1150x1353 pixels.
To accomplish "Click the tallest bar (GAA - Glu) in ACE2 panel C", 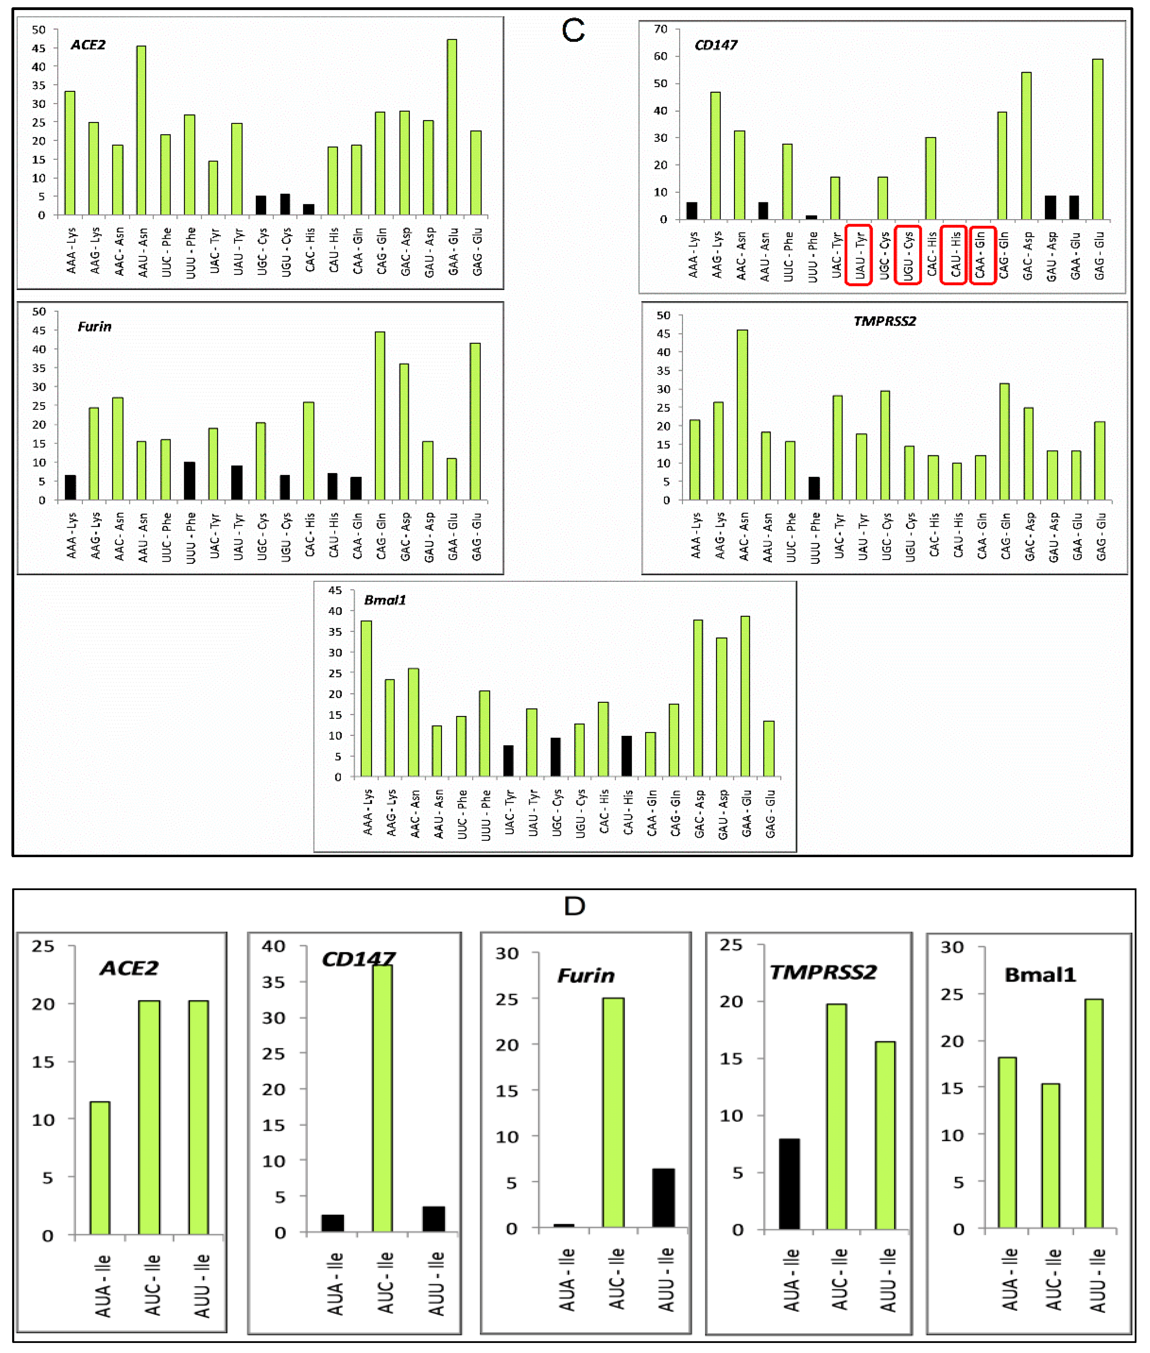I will [x=452, y=127].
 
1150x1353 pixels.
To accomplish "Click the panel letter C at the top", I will [x=573, y=31].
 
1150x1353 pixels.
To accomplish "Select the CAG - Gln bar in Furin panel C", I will [x=379, y=416].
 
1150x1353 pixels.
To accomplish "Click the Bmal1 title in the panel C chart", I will [x=384, y=600].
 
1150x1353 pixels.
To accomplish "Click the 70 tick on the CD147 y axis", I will [x=661, y=29].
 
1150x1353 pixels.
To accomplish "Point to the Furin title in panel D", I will [x=586, y=975].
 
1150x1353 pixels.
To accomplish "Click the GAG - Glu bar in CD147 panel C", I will [x=1098, y=139].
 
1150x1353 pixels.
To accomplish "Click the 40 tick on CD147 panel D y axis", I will [x=273, y=946].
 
